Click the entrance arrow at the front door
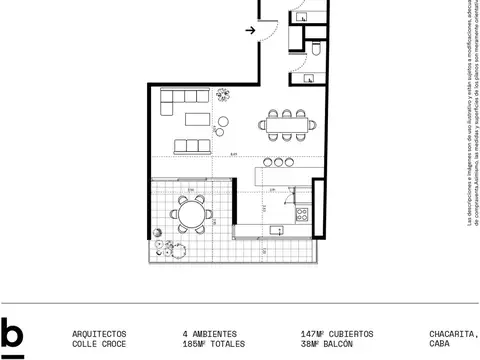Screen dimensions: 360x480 [250, 31]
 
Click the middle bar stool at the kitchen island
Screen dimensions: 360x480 [280, 162]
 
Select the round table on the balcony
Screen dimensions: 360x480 [190, 214]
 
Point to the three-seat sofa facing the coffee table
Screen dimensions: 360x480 [192, 146]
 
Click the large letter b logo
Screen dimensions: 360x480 [13, 338]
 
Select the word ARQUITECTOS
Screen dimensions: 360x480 [100, 333]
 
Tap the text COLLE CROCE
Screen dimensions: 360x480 [100, 344]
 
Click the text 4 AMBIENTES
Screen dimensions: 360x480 [207, 333]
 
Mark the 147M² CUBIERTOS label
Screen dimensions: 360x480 [337, 333]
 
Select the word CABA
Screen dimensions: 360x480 [440, 344]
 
